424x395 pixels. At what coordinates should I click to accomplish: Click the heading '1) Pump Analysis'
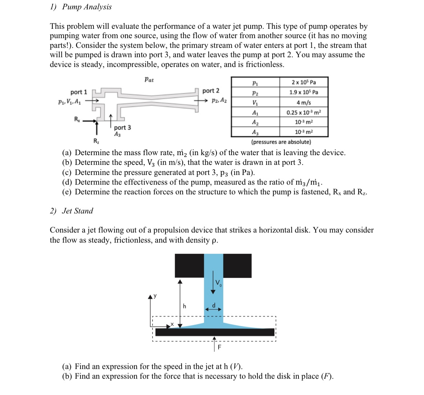tap(81, 7)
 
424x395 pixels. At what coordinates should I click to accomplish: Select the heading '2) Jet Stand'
tap(72, 211)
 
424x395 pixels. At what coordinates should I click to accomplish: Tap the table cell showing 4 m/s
tap(304, 102)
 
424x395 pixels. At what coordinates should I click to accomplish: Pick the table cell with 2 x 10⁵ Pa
tap(304, 82)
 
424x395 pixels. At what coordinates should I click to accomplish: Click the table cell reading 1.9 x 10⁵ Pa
tap(304, 92)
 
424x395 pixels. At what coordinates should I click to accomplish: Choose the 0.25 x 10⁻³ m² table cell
tap(304, 112)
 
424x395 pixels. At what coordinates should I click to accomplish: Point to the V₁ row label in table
tap(255, 102)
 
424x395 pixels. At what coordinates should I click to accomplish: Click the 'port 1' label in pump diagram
tap(79, 92)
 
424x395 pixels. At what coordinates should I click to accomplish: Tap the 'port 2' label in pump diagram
tap(211, 91)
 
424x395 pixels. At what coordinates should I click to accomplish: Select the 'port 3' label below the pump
tap(122, 127)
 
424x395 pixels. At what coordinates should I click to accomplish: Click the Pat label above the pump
tap(149, 80)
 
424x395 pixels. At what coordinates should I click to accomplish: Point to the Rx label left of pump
tap(77, 119)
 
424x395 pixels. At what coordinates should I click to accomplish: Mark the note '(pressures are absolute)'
tap(281, 142)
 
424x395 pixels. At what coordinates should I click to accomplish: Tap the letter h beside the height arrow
tap(184, 306)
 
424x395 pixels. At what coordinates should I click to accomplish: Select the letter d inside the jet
tap(213, 305)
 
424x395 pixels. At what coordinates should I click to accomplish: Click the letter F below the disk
tap(220, 347)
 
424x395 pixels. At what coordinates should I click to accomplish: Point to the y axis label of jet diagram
tap(155, 296)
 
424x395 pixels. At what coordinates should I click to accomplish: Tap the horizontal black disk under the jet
tap(215, 332)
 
